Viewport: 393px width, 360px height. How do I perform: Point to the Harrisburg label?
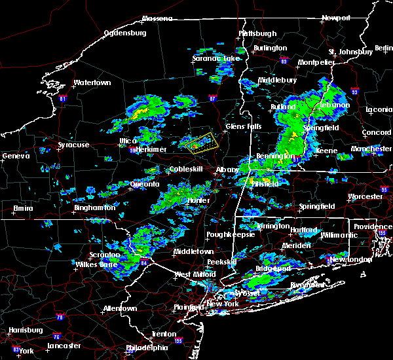(x=23, y=330)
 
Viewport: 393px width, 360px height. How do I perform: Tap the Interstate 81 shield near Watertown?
(x=63, y=98)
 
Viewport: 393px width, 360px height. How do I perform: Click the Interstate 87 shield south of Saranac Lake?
(x=212, y=99)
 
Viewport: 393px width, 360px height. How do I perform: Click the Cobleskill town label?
(x=174, y=169)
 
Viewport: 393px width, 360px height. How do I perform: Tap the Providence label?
(x=373, y=226)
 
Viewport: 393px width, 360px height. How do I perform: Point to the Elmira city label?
(x=24, y=209)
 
